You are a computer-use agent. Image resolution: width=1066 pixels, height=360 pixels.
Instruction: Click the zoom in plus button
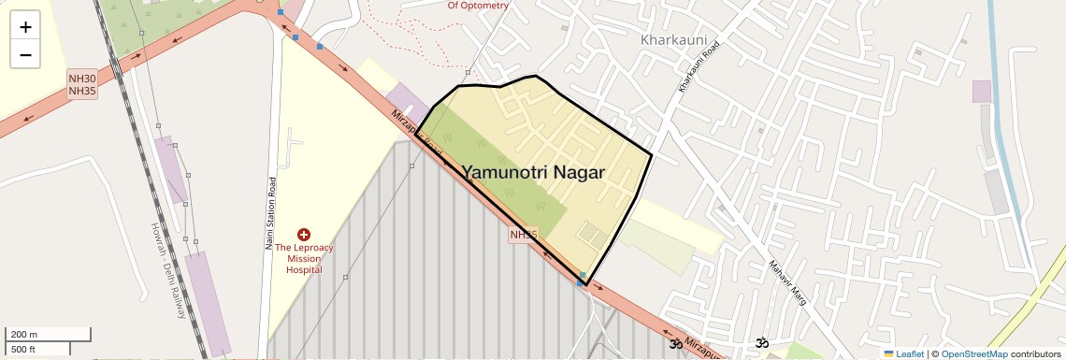pos(25,26)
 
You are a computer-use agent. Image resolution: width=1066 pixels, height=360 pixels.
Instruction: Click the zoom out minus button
pos(25,54)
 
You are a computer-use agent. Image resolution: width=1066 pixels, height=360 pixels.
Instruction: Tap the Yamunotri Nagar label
pos(533,172)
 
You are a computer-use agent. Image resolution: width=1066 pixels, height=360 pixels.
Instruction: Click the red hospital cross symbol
pos(304,234)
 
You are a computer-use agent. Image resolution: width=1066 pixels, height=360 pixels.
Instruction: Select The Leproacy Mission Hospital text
pos(304,258)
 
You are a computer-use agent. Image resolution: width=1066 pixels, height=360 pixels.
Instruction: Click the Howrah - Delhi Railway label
pos(169,271)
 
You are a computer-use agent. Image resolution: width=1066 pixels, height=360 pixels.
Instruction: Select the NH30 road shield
pos(82,79)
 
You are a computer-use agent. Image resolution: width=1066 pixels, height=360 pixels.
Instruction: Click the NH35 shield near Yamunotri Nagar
pos(524,235)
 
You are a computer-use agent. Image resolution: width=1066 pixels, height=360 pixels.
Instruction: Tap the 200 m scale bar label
pos(24,335)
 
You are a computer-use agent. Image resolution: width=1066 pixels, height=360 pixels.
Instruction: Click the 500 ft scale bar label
pos(23,350)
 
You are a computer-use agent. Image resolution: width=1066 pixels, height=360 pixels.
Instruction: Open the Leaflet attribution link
pos(903,353)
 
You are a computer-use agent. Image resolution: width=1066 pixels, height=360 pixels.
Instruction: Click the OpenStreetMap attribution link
pos(973,353)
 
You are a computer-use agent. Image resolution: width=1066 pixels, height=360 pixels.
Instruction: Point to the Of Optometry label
pos(478,6)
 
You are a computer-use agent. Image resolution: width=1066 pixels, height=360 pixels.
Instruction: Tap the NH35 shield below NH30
pos(82,91)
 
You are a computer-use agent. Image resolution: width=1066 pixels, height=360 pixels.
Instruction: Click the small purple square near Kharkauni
pos(981,92)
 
